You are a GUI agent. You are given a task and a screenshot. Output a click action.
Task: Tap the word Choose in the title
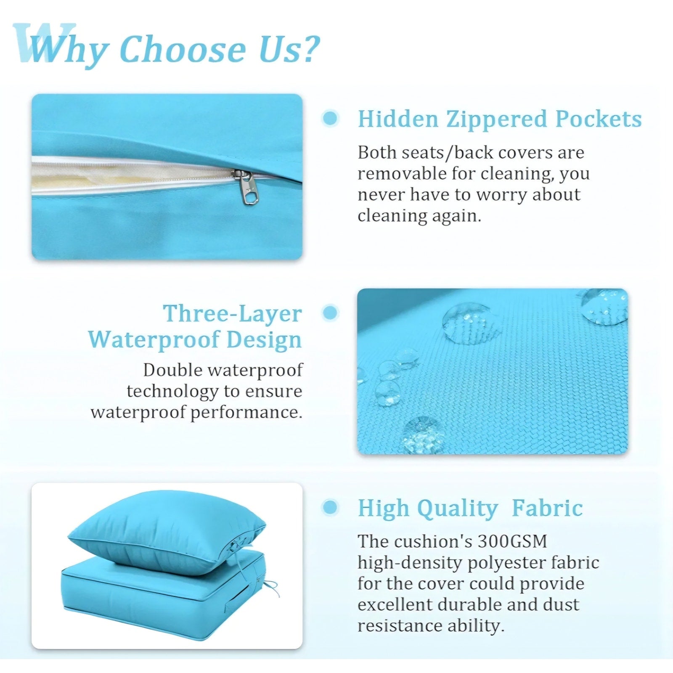183,49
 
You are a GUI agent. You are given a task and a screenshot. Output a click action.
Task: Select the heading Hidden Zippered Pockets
500,119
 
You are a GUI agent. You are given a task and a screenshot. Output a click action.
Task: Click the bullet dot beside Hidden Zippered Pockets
330,118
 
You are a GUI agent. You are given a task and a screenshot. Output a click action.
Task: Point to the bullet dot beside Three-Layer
330,313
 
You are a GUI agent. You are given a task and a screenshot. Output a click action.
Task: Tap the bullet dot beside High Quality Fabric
330,507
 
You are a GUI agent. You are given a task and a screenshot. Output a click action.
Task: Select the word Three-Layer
233,313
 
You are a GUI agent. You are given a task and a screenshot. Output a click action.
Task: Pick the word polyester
509,563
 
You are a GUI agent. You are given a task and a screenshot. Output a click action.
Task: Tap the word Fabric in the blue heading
547,508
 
